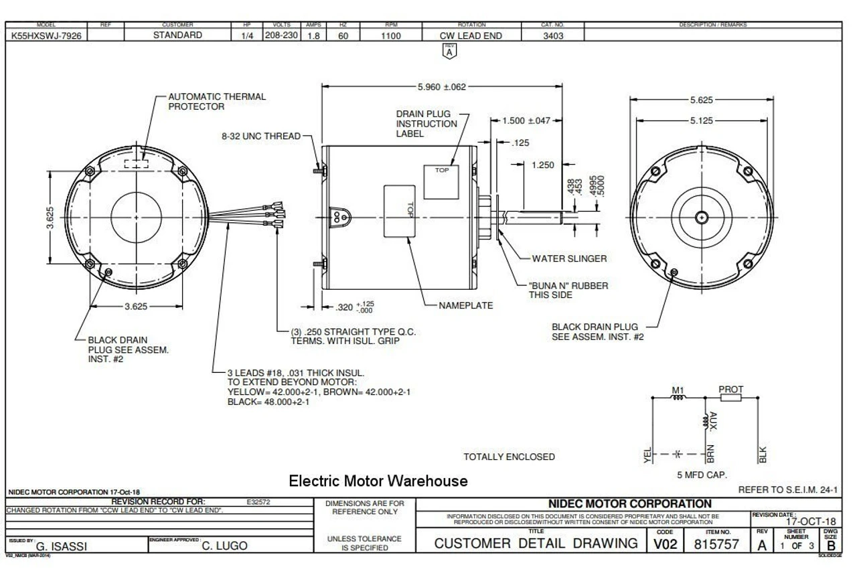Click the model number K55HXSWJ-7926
(47, 36)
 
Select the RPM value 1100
(391, 36)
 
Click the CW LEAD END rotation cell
(472, 36)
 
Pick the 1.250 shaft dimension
(542, 165)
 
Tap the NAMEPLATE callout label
(465, 305)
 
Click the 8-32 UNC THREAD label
(261, 136)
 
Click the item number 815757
(716, 544)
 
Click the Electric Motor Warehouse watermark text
(378, 481)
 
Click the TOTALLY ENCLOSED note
(509, 457)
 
